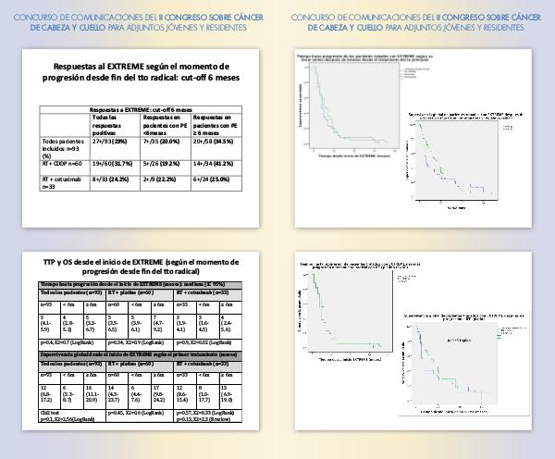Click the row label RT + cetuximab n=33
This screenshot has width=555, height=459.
63,181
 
